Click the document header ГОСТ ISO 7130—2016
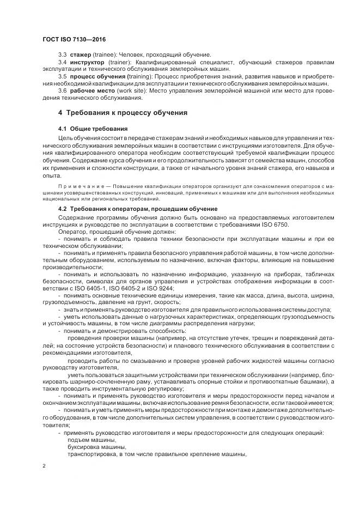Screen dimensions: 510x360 (74, 39)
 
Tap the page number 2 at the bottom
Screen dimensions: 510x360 (44, 466)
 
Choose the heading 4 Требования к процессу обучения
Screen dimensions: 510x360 (123, 113)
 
